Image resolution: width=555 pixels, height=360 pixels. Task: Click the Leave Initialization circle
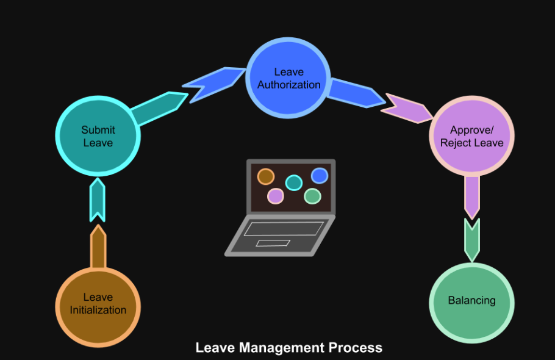pos(98,303)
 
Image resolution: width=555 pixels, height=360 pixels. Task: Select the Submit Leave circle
pos(98,135)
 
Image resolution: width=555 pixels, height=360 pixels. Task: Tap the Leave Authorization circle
pos(288,78)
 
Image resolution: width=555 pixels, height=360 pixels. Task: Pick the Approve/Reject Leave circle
pos(471,136)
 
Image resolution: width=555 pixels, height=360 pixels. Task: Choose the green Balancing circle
pos(471,300)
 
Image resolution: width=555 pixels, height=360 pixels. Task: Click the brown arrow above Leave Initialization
pos(98,247)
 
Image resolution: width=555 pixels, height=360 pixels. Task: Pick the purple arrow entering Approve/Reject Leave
pos(407,108)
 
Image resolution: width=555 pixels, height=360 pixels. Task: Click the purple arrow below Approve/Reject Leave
pos(471,194)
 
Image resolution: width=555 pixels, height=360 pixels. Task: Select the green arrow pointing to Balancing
pos(471,239)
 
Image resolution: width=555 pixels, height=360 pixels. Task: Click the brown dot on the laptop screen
pos(266,176)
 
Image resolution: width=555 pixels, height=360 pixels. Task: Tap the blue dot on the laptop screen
pos(320,176)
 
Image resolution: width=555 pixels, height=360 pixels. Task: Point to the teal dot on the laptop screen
pos(294,182)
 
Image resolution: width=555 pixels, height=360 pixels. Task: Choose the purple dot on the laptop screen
pos(276,196)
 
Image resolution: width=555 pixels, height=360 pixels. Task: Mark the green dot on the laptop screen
pos(312,196)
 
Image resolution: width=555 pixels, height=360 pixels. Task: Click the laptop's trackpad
pos(273,243)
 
